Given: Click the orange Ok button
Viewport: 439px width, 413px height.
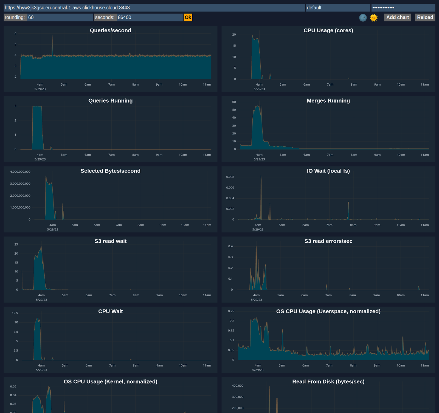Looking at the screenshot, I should tap(188, 17).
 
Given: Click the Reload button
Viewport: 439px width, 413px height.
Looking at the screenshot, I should tap(425, 17).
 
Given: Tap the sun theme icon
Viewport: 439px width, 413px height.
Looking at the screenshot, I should tap(373, 18).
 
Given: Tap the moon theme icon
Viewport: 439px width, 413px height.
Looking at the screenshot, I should tap(363, 18).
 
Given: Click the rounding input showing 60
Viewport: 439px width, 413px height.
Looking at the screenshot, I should tap(60, 17).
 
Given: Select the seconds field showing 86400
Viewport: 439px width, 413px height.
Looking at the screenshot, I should tap(149, 17).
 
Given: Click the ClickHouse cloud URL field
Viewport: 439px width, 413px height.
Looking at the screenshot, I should tap(154, 8).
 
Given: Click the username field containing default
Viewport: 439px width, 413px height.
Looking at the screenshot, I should tap(337, 8).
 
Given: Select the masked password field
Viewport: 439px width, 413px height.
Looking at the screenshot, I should tap(403, 8).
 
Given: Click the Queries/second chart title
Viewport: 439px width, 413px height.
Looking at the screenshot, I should tap(110, 30).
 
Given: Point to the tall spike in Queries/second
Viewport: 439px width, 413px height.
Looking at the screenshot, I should tap(52, 36).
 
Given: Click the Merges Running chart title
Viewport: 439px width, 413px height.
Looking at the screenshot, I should tap(328, 101).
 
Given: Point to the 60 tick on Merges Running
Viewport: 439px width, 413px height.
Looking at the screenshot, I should tap(234, 102).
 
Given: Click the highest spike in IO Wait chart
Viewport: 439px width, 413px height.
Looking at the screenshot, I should tap(261, 176).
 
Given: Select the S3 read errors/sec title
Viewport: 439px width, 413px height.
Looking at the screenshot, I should tap(328, 241).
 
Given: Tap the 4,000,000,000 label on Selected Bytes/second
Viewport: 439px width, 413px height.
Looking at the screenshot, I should tap(20, 172).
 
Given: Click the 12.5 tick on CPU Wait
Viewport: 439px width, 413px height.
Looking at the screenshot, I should tap(15, 313).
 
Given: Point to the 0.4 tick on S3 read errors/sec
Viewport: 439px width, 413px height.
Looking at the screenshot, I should tap(230, 246).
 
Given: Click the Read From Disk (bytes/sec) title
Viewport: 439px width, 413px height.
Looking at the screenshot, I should tap(328, 382).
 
